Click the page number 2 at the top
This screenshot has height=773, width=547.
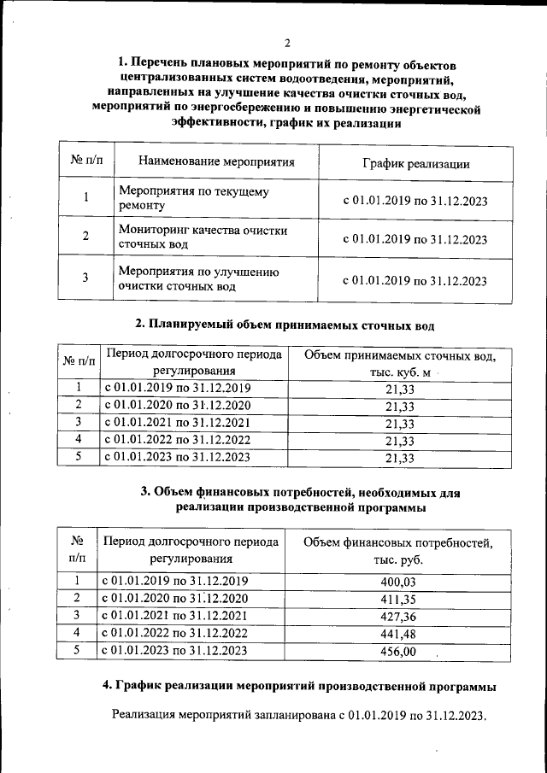[x=287, y=43]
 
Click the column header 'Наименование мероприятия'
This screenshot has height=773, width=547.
[x=216, y=161]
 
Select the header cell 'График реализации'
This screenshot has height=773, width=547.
[x=415, y=163]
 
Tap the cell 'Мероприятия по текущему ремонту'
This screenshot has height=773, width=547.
[x=192, y=198]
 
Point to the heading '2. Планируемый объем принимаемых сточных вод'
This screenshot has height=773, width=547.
[x=285, y=325]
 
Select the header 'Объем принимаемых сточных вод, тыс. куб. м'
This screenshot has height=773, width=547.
[x=399, y=363]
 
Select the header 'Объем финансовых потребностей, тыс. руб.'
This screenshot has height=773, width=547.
[x=399, y=551]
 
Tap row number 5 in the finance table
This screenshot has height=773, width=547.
[x=77, y=651]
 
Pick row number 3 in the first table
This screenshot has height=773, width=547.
[x=85, y=278]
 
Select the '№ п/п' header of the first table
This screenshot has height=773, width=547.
[x=85, y=161]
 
